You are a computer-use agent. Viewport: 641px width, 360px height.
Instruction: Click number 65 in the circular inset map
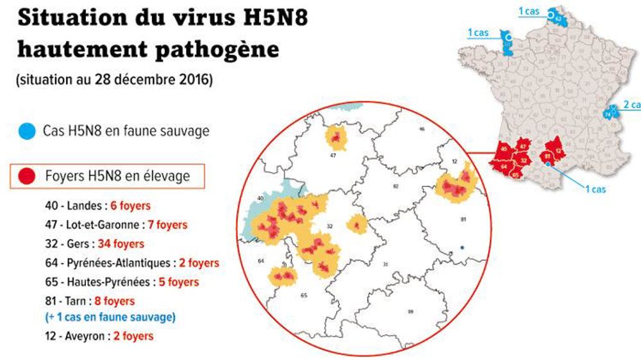(x=304, y=295)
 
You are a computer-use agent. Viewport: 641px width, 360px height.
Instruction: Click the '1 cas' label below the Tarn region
(x=595, y=189)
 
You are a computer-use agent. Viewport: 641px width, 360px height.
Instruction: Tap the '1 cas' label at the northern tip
(x=528, y=11)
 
